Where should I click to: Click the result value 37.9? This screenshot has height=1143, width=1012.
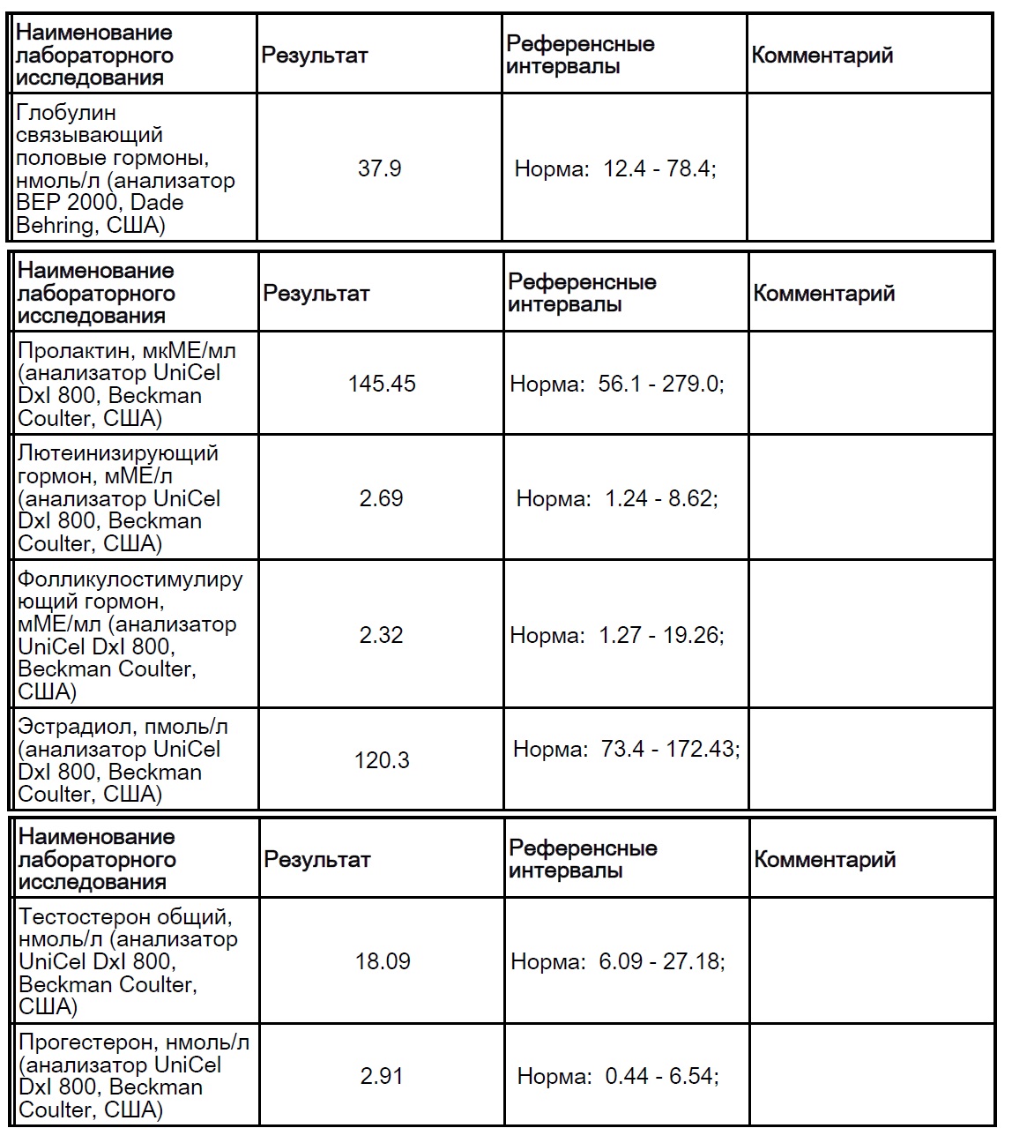(380, 168)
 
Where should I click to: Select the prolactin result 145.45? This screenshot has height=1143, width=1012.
(382, 384)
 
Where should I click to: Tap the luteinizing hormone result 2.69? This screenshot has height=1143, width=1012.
(381, 498)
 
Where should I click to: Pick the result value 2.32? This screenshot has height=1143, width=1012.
(381, 635)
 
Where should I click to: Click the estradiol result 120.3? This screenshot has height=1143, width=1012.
(382, 760)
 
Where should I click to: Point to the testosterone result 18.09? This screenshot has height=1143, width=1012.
(383, 961)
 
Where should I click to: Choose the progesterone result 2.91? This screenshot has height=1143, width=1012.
(382, 1076)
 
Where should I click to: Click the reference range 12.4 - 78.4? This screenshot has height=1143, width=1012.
(659, 168)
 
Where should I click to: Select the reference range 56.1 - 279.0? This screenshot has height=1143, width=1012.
(659, 384)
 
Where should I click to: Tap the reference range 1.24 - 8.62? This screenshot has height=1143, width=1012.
(660, 498)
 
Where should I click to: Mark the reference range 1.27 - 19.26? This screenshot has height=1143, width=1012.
(660, 635)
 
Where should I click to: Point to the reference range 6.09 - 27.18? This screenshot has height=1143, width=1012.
(661, 961)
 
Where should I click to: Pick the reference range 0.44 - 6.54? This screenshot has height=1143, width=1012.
(660, 1076)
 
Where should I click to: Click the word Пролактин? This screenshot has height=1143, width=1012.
(74, 350)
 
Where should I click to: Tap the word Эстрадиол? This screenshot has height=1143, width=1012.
(74, 727)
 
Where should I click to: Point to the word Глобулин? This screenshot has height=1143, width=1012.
(66, 113)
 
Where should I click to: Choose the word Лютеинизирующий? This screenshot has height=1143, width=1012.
(118, 453)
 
